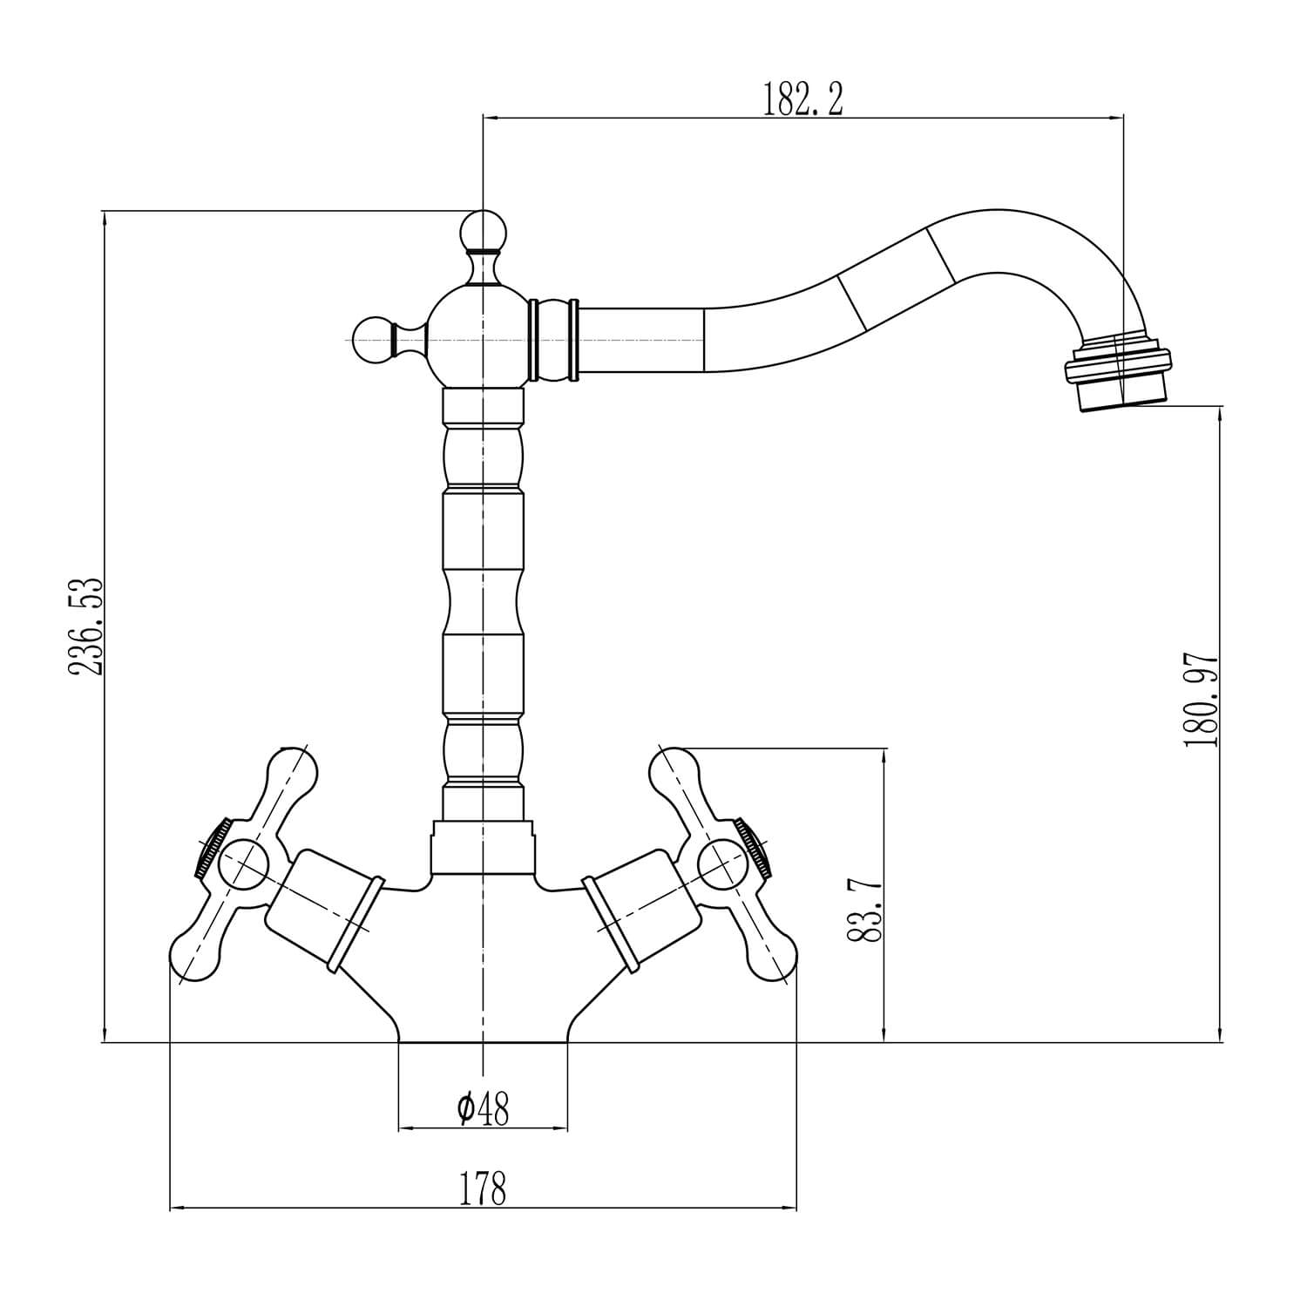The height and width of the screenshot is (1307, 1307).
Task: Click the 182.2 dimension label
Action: coord(803,99)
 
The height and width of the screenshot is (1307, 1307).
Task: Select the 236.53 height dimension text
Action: coord(87,625)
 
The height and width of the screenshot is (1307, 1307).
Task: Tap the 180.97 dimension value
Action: coord(1200,700)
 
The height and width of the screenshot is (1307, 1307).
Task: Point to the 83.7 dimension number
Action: coord(864,910)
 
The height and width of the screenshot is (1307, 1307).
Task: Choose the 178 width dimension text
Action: coord(482,1188)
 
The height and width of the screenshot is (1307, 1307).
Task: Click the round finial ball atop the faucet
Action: coord(482,230)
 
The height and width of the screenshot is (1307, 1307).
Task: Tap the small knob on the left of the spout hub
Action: coord(373,335)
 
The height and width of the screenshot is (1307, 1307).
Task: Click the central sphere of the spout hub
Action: coord(482,336)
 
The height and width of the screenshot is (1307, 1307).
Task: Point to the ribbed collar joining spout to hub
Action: coord(553,340)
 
